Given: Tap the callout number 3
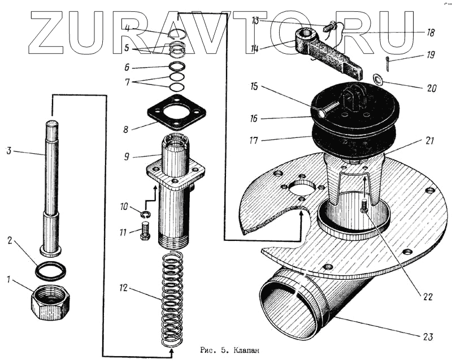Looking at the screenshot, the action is click(x=8, y=151).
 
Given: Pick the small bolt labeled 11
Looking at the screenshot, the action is click(x=144, y=231).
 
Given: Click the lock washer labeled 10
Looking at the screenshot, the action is click(x=145, y=214).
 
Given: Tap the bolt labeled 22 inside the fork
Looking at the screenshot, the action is click(x=364, y=206).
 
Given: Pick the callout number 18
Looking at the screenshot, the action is click(x=431, y=33).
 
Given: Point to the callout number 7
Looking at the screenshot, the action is click(x=127, y=81).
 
